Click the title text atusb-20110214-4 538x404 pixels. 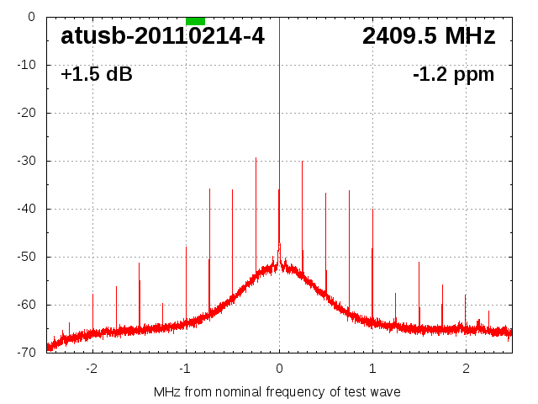pyautogui.click(x=162, y=36)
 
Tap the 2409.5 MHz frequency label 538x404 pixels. pyautogui.click(x=429, y=36)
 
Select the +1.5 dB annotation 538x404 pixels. pyautogui.click(x=97, y=74)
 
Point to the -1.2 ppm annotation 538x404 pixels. pyautogui.click(x=454, y=74)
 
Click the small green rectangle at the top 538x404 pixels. pyautogui.click(x=195, y=20)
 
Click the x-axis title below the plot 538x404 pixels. pyautogui.click(x=277, y=391)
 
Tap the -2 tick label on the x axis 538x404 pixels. pyautogui.click(x=92, y=368)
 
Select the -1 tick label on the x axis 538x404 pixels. pyautogui.click(x=185, y=368)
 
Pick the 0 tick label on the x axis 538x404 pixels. pyautogui.click(x=279, y=368)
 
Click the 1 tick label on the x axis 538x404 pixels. pyautogui.click(x=372, y=368)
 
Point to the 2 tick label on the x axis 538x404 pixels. pyautogui.click(x=466, y=368)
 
